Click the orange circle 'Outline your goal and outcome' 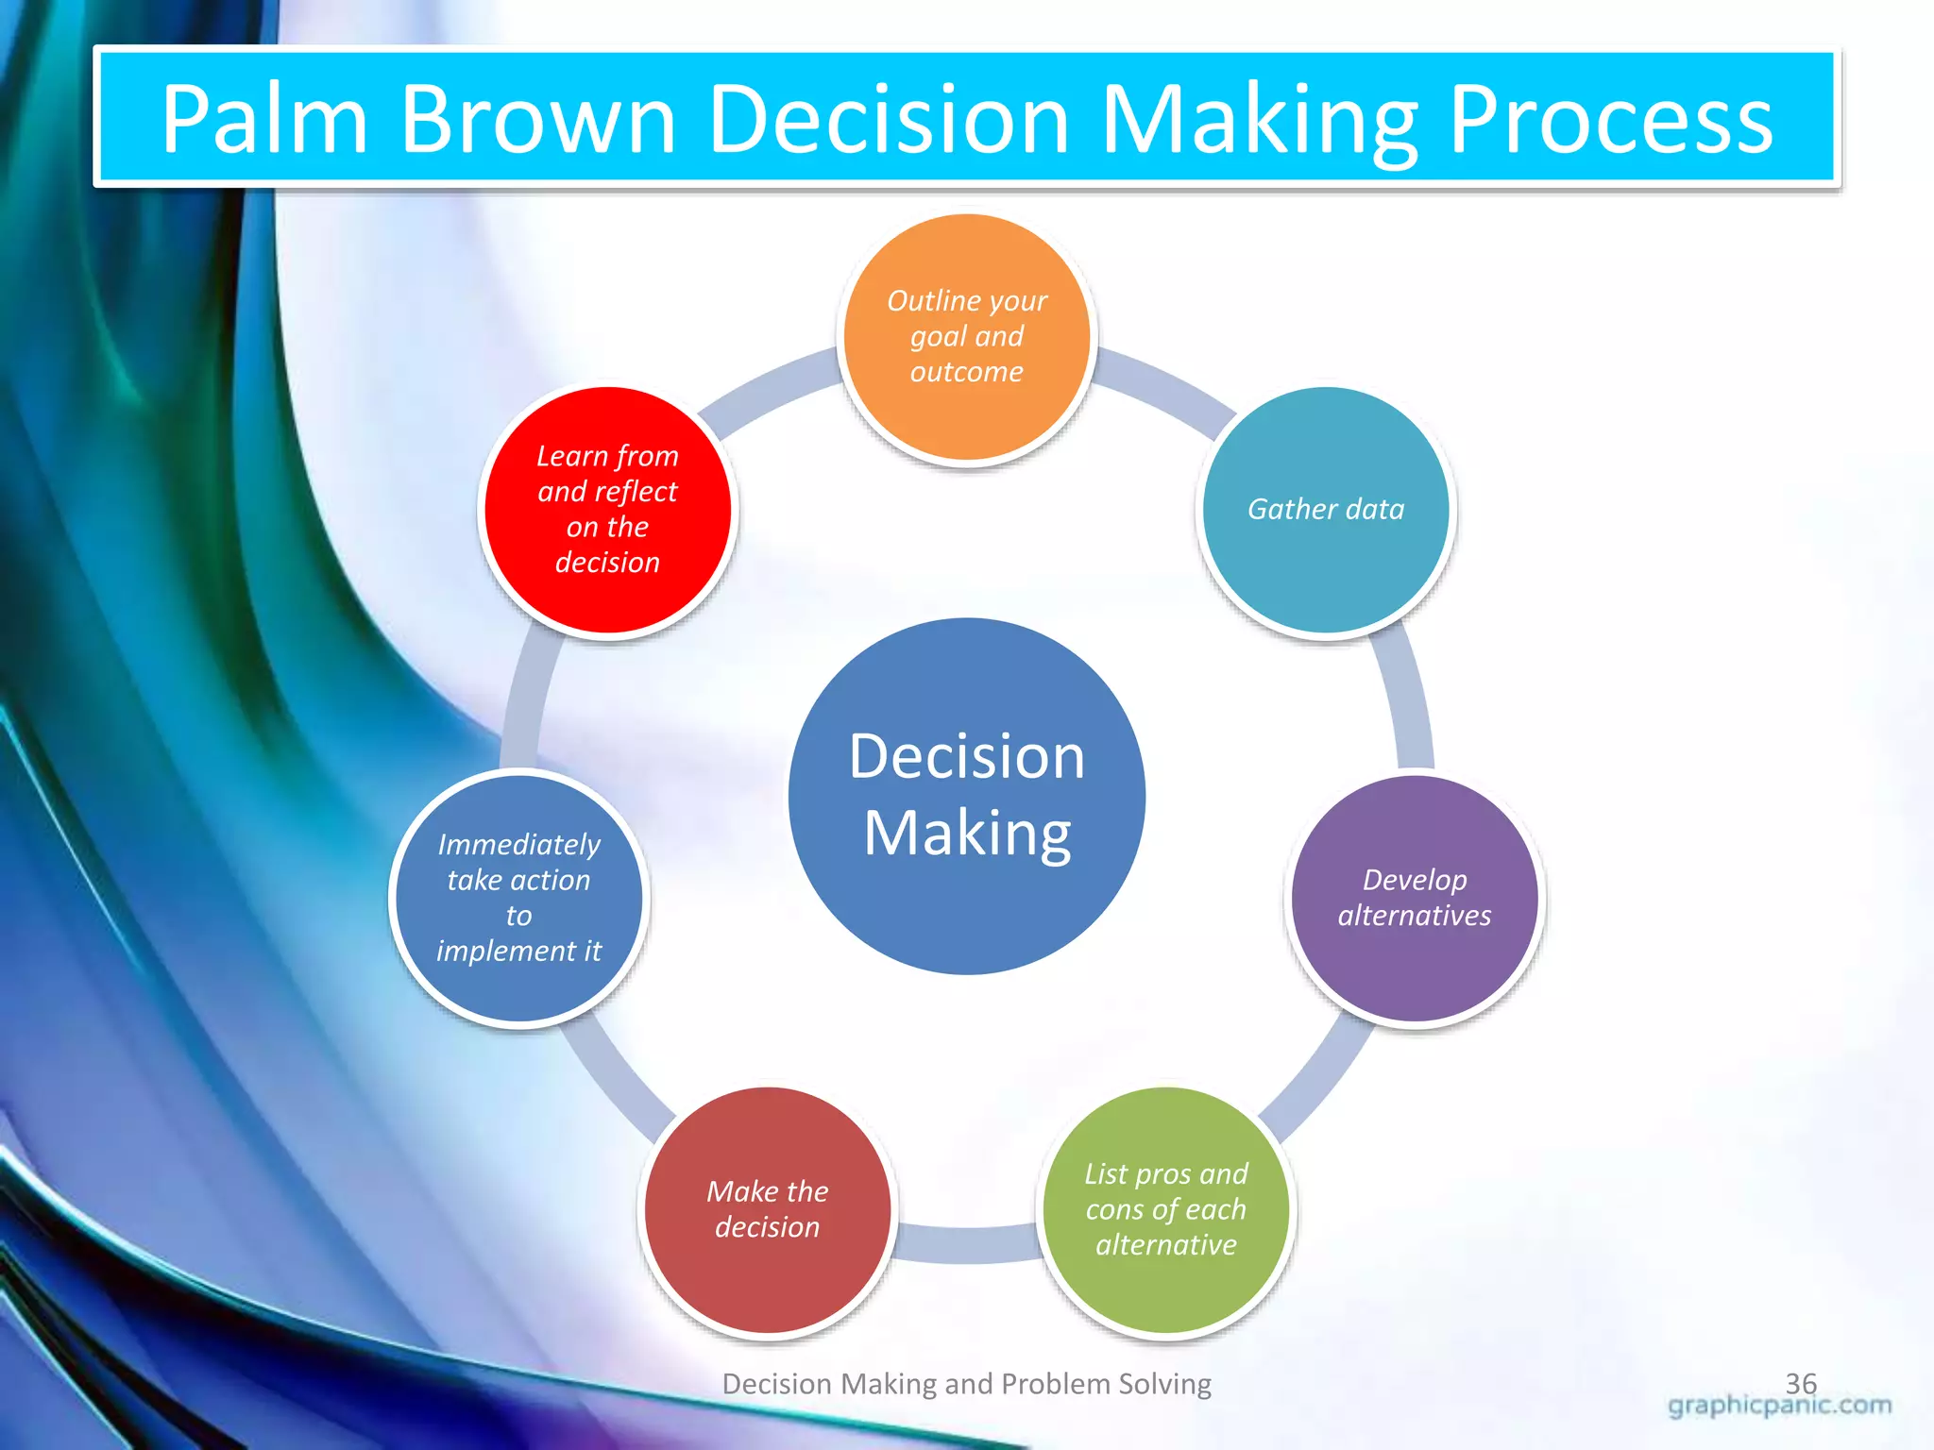tap(966, 337)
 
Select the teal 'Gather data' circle tap(1326, 510)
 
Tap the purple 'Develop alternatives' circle tap(1415, 898)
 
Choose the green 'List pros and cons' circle tap(1166, 1210)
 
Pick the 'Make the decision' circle tap(768, 1210)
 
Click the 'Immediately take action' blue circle tap(518, 898)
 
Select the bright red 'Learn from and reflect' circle tap(607, 510)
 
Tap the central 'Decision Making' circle tap(966, 796)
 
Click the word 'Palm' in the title tap(263, 120)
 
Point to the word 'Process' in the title tap(1610, 120)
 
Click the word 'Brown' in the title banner tap(538, 120)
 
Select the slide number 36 tap(1801, 1382)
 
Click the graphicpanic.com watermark tap(1779, 1407)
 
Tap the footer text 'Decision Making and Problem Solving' tap(966, 1384)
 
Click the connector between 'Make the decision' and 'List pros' tap(966, 1243)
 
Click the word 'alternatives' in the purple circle tap(1415, 916)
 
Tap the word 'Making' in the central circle tap(966, 834)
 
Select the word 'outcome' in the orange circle tap(966, 372)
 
